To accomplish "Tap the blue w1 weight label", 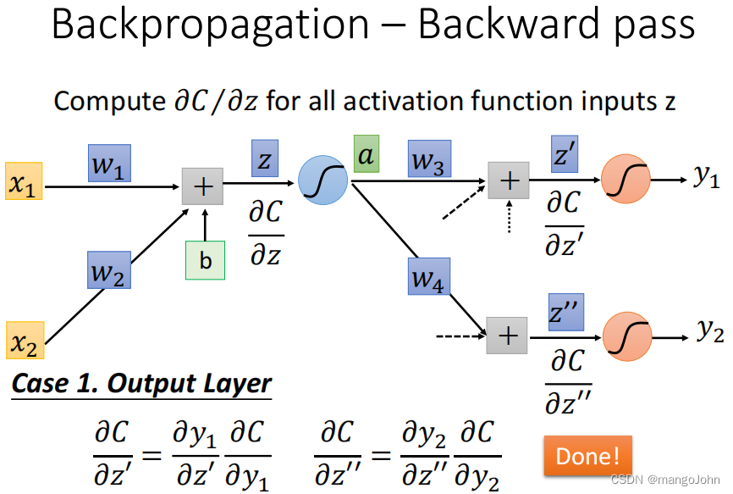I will [109, 163].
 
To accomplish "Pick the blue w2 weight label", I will [109, 269].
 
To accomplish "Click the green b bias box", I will [206, 260].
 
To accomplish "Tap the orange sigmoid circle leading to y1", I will [626, 180].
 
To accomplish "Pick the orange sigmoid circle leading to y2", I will [627, 335].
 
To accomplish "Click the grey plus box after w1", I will [203, 185].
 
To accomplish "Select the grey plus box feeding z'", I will [509, 180].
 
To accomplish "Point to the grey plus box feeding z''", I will [507, 336].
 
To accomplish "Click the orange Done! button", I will [587, 456].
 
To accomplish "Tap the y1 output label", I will [708, 177].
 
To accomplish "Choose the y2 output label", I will [709, 332].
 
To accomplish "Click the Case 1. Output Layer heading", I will [141, 383].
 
